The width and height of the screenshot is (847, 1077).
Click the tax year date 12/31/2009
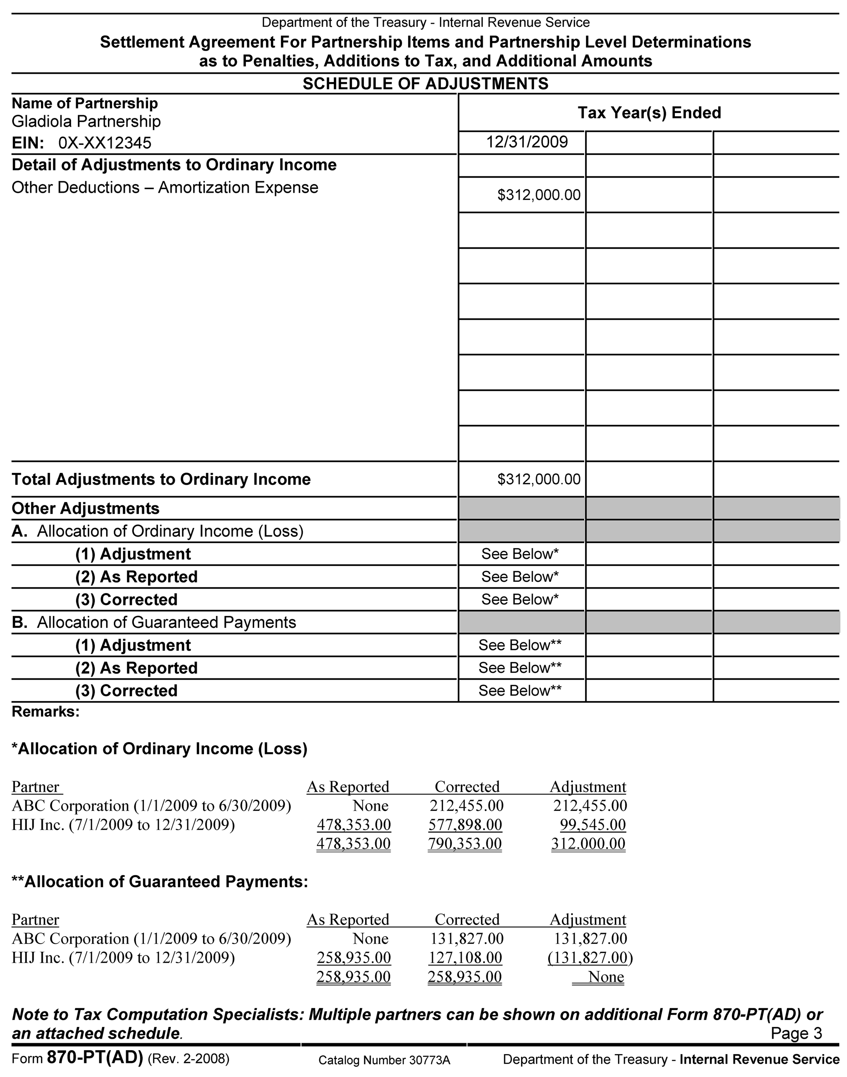pos(527,143)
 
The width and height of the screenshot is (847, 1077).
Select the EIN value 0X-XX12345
pos(105,144)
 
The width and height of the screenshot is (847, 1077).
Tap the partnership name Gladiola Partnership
pos(86,122)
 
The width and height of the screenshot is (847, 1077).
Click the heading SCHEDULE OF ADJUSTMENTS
pos(425,83)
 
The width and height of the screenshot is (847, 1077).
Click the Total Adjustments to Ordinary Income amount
pos(539,479)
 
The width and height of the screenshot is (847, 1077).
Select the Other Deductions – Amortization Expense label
pos(165,188)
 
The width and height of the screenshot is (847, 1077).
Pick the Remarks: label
pos(45,712)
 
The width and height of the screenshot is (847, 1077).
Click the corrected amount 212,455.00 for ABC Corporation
pos(466,805)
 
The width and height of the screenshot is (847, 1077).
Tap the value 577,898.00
pos(465,825)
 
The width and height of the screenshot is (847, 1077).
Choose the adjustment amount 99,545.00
pos(592,825)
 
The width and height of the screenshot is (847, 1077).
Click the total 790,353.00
pos(464,844)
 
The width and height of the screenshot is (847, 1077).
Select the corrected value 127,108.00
pos(465,958)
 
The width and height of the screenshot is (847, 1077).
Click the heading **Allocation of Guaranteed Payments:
pos(160,882)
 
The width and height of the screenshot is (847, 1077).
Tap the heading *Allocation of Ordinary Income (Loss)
pos(159,749)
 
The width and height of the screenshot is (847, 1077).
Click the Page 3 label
pos(796,1033)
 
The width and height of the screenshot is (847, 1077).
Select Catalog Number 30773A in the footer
pos(384,1061)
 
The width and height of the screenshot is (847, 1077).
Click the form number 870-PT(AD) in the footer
pos(95,1058)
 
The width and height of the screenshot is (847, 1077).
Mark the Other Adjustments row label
pos(85,508)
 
